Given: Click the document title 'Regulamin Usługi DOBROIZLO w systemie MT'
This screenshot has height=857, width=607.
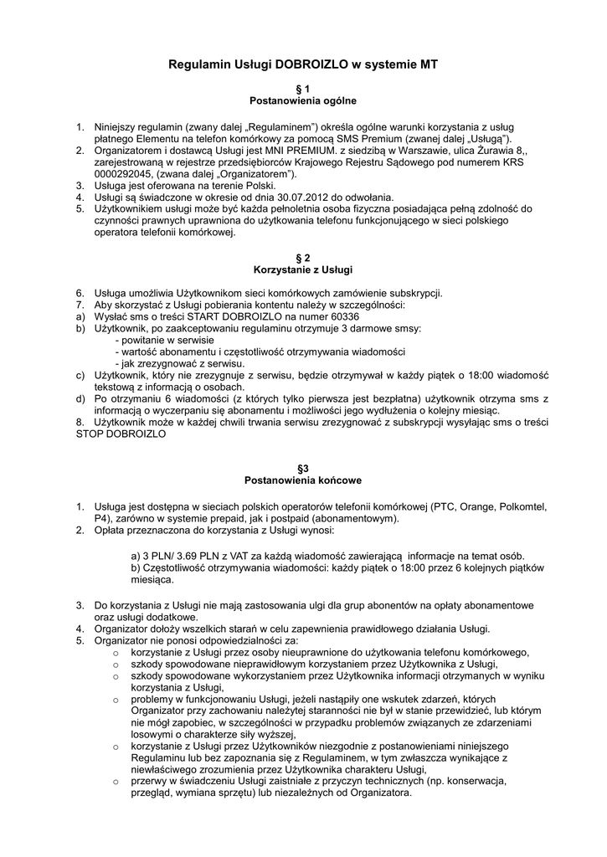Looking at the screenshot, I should [303, 64].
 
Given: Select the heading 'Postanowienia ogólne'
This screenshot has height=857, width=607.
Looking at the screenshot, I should [303, 100].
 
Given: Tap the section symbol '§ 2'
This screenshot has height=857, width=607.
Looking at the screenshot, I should [303, 258].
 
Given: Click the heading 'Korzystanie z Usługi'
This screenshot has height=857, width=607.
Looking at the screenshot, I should [303, 269].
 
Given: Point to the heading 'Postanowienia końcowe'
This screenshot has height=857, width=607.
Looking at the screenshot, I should [303, 481].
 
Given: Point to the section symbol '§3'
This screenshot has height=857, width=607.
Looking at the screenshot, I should [303, 469].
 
